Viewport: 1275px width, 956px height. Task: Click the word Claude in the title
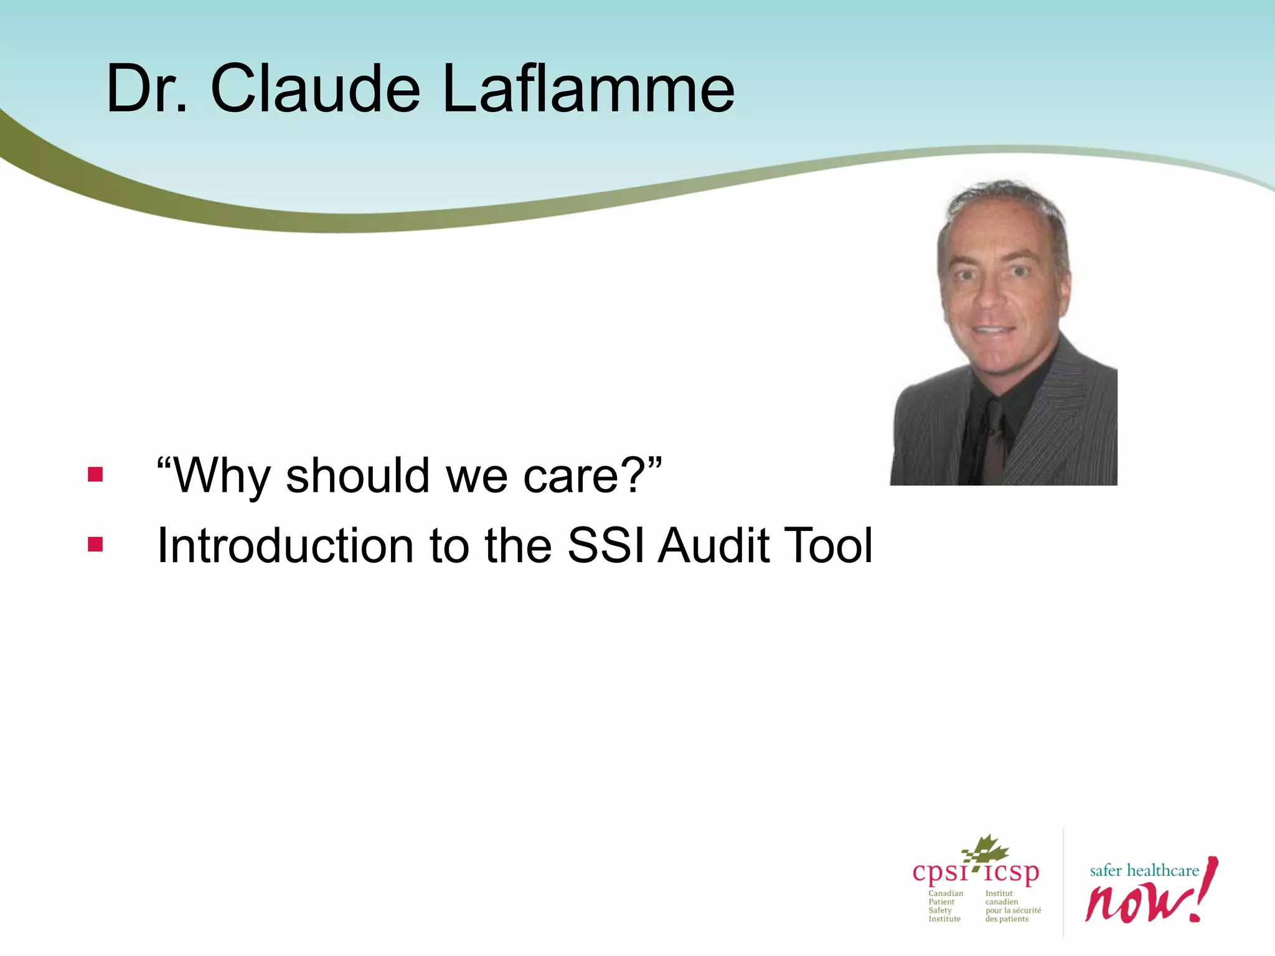click(315, 89)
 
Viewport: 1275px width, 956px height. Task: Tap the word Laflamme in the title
click(588, 89)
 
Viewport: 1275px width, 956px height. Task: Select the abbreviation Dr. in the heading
click(147, 89)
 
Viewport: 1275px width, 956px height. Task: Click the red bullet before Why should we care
click(95, 476)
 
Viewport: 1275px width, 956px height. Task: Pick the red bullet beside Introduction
click(95, 545)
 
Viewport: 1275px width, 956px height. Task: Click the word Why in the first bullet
click(221, 476)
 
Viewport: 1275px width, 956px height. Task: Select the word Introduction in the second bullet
click(285, 546)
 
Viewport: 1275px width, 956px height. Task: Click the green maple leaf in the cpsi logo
click(986, 850)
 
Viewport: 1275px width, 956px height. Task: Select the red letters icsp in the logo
click(1012, 873)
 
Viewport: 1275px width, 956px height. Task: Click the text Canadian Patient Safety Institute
click(945, 906)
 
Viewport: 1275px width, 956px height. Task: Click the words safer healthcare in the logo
click(1144, 871)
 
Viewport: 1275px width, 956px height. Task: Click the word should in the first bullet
click(358, 476)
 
